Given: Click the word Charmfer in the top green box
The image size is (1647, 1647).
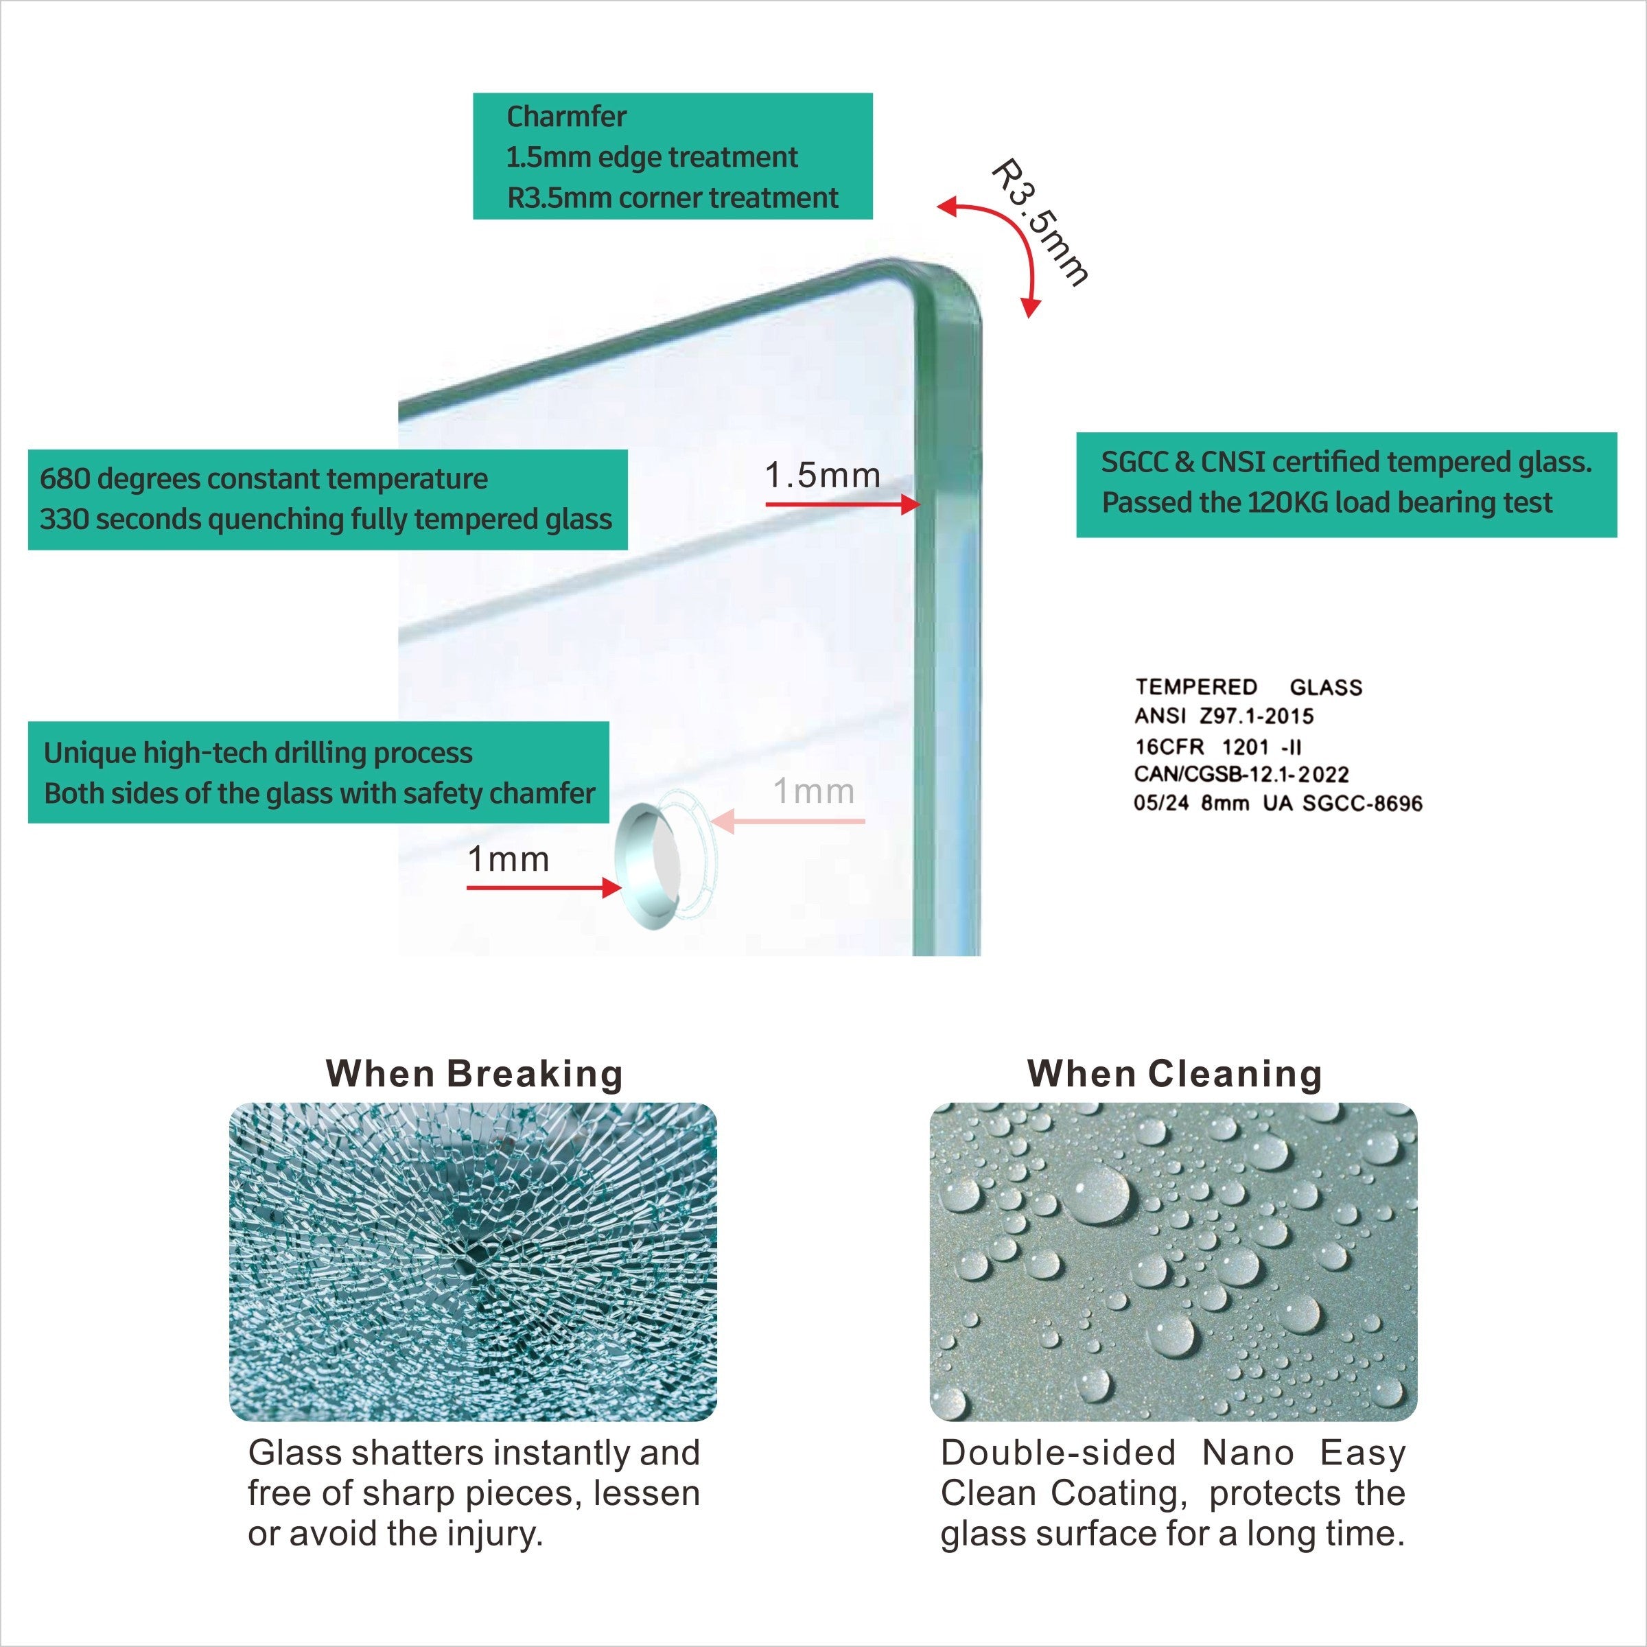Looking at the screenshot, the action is pos(566,116).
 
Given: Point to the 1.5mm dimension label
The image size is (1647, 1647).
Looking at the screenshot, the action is pos(823,475).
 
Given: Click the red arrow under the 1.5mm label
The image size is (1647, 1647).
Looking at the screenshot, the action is pos(842,504).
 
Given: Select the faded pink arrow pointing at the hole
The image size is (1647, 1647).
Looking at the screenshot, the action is pos(788,821).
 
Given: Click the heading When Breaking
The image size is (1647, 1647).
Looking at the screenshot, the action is pos(474,1073).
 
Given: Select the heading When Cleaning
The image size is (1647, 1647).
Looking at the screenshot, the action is pos(1174,1073).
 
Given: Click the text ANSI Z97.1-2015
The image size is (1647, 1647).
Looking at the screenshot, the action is pos(1224,716).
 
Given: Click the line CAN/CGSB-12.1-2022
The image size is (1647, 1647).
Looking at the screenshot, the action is pos(1241,774).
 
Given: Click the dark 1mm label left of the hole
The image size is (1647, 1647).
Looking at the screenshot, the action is pos(508,859).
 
